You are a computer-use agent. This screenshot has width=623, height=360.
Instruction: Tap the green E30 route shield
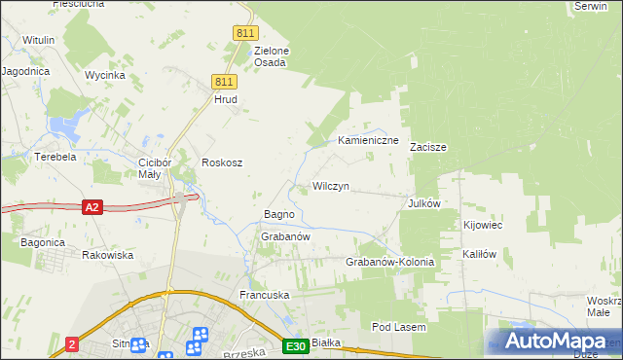[x=297, y=346]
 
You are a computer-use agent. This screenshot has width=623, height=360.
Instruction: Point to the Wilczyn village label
[x=331, y=185]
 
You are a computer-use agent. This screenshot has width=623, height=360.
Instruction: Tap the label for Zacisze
[x=427, y=148]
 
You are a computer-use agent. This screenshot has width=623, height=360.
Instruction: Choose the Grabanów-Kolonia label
[x=389, y=263]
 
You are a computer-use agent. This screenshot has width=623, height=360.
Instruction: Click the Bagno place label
[x=266, y=214]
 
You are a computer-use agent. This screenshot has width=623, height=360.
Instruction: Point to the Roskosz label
[x=221, y=162]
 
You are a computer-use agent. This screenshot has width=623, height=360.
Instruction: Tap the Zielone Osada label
[x=272, y=56]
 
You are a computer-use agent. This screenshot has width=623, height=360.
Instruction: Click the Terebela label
[x=55, y=157]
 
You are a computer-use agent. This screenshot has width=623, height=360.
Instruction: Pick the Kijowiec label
[x=483, y=226]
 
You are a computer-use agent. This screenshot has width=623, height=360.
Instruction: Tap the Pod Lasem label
[x=399, y=328]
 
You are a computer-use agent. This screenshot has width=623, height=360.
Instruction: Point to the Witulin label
[x=38, y=40]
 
